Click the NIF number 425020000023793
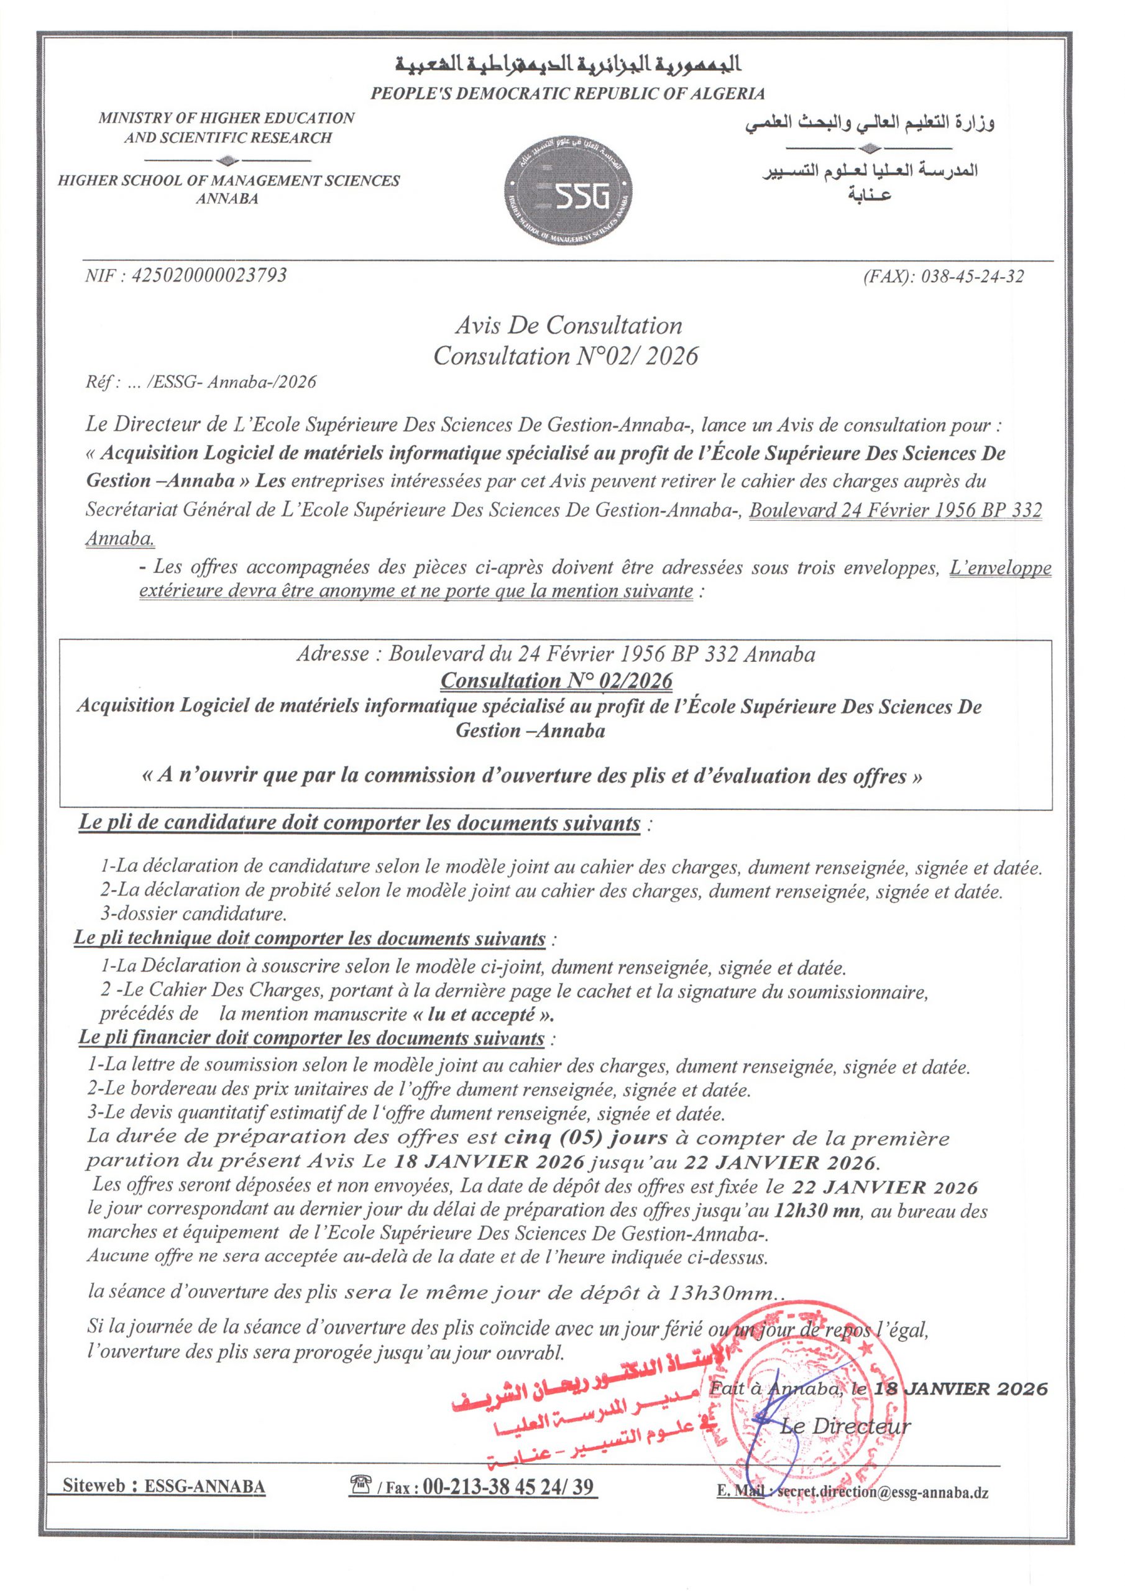(x=186, y=276)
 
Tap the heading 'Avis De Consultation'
(x=568, y=326)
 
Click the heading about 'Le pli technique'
(x=310, y=938)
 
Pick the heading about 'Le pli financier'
(x=312, y=1038)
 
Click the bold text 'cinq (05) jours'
(x=585, y=1138)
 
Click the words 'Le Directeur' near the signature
(x=845, y=1426)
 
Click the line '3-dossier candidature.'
(x=193, y=914)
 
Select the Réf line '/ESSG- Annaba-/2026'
(x=231, y=382)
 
